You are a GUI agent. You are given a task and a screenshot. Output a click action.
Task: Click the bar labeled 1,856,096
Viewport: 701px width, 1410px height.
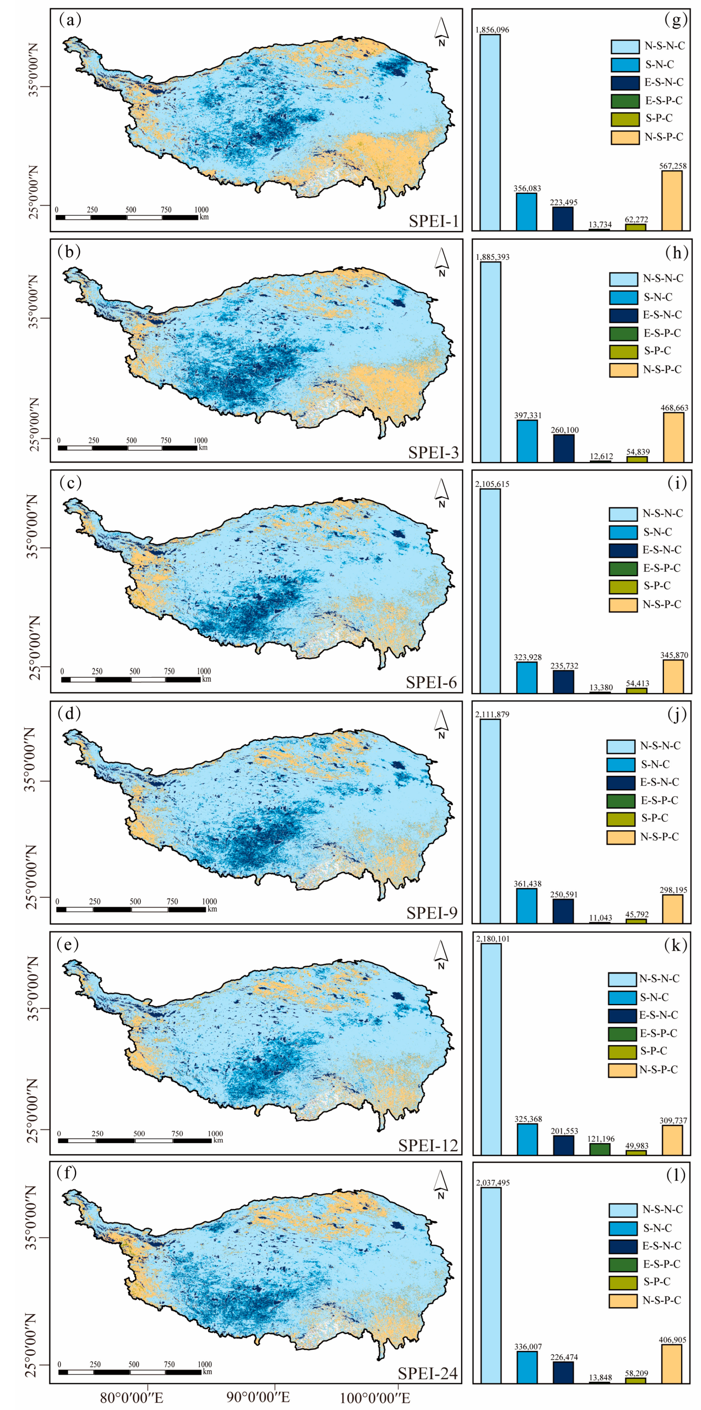(x=490, y=132)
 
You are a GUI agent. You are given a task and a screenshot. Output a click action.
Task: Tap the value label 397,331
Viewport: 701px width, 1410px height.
(x=527, y=415)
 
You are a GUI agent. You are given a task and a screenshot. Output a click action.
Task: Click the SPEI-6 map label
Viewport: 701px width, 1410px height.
(x=431, y=682)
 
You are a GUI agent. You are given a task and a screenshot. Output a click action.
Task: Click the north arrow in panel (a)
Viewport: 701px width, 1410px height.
(x=441, y=32)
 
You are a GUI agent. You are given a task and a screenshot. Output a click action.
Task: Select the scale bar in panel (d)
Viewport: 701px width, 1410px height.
(x=131, y=909)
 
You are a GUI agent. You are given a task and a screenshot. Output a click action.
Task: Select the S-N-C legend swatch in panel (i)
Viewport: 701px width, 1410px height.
(x=623, y=532)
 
